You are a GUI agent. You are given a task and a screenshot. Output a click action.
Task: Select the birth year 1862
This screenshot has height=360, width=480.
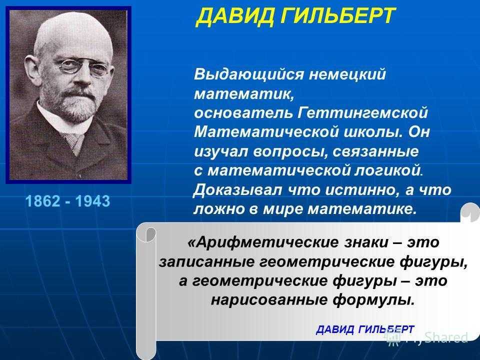tap(43, 201)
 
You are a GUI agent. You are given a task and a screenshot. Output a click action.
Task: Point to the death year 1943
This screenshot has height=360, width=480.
tap(92, 201)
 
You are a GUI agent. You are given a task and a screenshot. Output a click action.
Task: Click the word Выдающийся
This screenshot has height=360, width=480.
tap(249, 74)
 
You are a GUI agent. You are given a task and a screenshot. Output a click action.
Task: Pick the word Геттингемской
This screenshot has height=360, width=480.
tap(362, 112)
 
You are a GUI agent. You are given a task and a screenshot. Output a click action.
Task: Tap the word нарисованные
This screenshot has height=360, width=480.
tap(269, 300)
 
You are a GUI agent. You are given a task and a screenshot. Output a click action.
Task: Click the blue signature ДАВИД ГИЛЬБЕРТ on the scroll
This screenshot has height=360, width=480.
tap(365, 329)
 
